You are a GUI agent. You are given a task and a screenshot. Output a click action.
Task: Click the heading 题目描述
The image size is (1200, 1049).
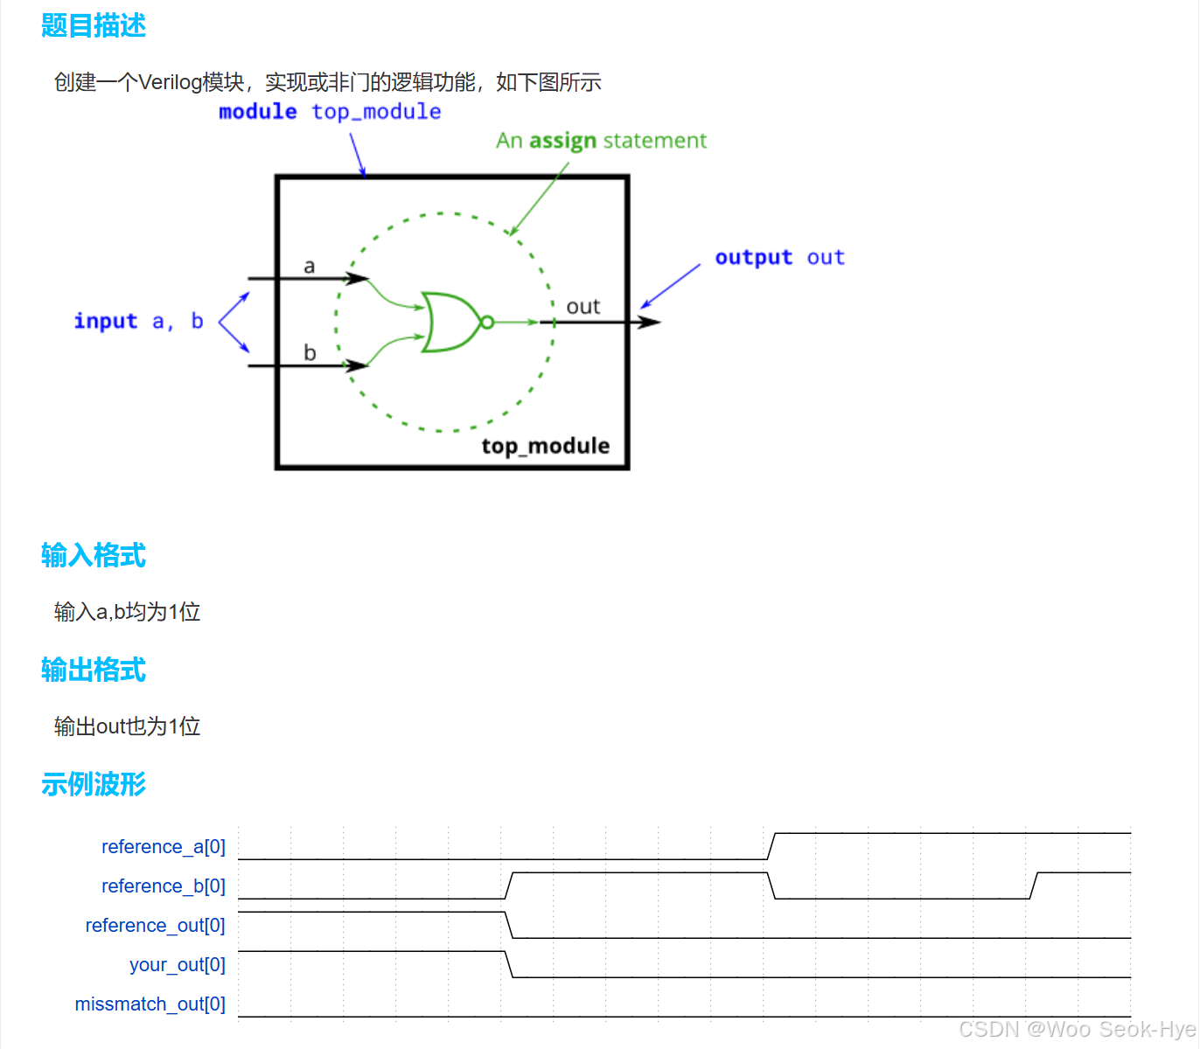coord(94,26)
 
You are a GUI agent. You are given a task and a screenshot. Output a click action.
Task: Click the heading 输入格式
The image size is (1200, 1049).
coord(94,556)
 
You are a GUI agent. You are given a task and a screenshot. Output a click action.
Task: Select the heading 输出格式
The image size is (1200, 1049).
coord(94,670)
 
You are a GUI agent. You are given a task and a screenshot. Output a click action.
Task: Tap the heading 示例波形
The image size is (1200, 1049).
coord(94,785)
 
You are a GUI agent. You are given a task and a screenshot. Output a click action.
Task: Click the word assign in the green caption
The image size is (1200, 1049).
coord(562,142)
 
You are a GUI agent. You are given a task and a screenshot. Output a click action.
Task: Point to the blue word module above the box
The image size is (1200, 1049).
coord(257,112)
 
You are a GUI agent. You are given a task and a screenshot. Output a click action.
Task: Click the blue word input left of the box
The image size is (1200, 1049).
coord(105,322)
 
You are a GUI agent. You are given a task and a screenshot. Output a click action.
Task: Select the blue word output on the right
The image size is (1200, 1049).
coord(753,258)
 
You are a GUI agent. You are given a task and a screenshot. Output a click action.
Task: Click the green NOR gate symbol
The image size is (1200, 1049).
coord(450,323)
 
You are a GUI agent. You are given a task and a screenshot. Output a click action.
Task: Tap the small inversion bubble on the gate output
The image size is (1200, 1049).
coord(487,323)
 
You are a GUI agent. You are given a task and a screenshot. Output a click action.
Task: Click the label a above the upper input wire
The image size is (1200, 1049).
coord(309,266)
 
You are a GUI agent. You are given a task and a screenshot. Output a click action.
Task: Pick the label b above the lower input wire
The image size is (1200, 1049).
coord(309,352)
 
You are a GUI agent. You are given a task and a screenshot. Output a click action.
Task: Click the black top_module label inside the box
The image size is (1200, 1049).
coord(545,446)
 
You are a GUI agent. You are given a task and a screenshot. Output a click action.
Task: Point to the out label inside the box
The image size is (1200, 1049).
coord(583,307)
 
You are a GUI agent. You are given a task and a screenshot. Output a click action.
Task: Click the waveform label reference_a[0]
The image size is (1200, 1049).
coord(164,847)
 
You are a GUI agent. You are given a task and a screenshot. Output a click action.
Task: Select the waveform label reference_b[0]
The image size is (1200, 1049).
coord(164,886)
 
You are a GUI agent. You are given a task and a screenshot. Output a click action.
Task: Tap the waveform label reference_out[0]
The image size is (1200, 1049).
coord(155,926)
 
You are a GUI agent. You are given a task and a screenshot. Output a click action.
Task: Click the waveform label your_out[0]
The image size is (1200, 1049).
coord(178,965)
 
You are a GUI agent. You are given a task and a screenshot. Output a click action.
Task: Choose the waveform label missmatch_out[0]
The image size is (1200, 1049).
coord(150,1004)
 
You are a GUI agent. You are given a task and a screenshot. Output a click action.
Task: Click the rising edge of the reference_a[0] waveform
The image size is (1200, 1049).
coord(771,846)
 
